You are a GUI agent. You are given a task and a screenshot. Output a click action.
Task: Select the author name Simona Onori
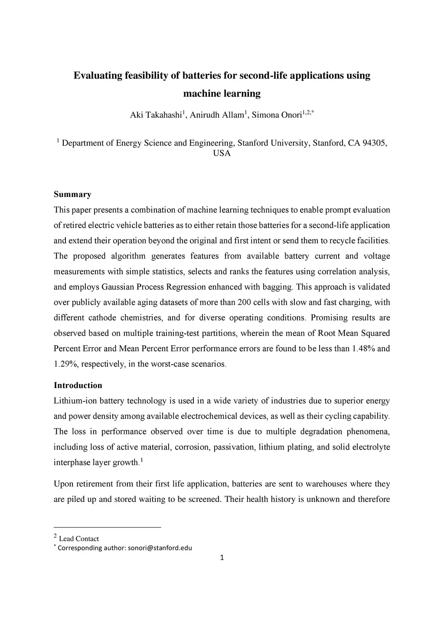(x=276, y=115)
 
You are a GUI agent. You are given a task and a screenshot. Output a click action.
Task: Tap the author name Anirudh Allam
(x=217, y=115)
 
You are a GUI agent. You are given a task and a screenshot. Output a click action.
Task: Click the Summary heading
(x=72, y=194)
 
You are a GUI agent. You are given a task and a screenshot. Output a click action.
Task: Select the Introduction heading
(x=78, y=385)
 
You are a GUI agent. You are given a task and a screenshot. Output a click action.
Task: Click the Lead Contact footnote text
(x=78, y=539)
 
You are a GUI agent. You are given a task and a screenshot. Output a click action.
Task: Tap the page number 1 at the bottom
(x=222, y=558)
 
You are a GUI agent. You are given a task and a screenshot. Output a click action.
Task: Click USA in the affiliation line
(x=222, y=153)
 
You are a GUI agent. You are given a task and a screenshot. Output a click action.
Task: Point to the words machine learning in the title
(x=222, y=94)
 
